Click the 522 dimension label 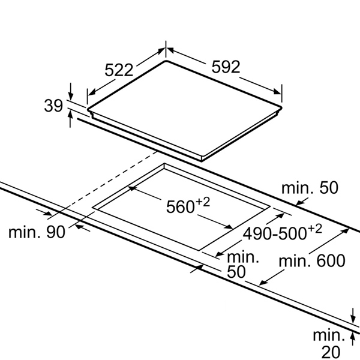pos(119,70)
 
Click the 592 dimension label pos(226,67)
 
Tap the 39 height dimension pos(53,106)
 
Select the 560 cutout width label pos(180,207)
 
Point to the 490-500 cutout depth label pos(275,234)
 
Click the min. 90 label pos(37,232)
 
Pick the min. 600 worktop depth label pos(312,260)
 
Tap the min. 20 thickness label pos(329,343)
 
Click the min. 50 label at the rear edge pos(310,188)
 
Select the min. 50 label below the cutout pos(243,265)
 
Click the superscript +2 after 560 pos(203,202)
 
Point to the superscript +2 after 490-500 pos(314,229)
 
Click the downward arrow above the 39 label pos(71,91)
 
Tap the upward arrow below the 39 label pos(70,119)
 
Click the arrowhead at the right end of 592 pos(277,92)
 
